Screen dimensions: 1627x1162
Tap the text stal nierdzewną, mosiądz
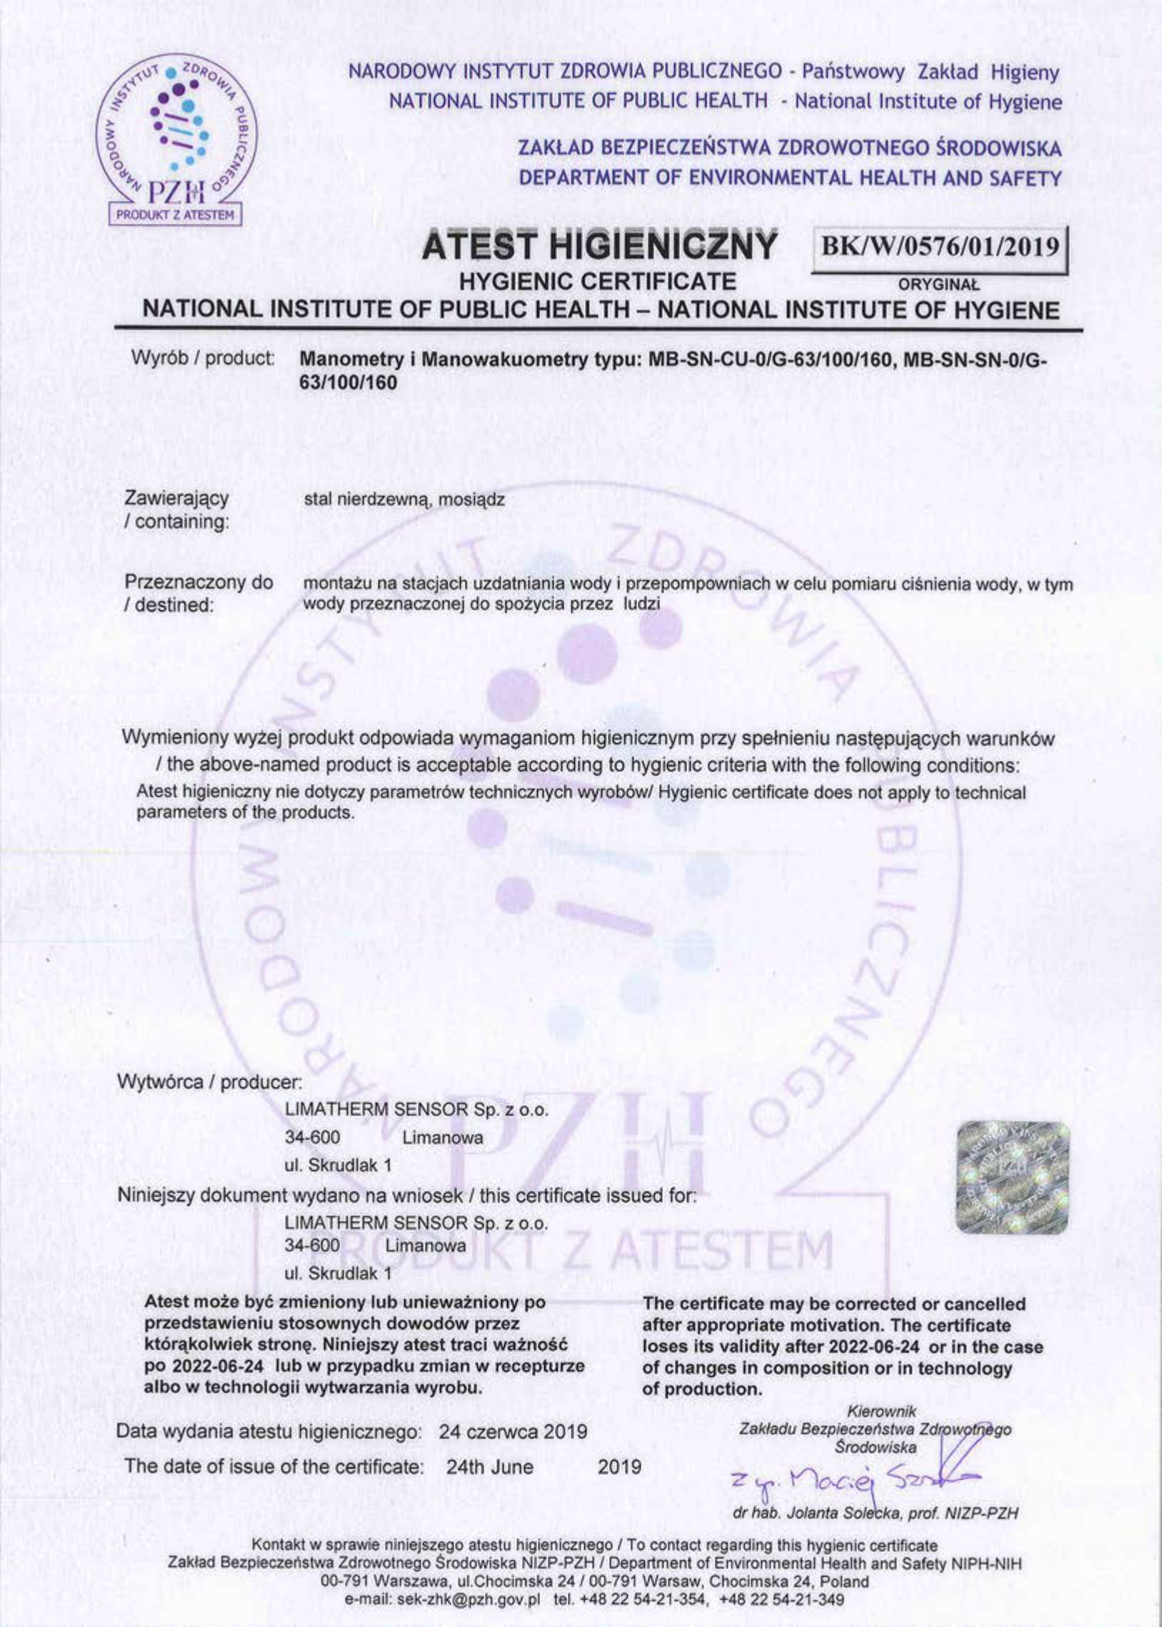(404, 500)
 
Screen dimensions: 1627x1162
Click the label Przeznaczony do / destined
(199, 593)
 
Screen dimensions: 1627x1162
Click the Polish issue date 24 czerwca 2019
(513, 1432)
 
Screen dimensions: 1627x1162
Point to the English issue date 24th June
(489, 1467)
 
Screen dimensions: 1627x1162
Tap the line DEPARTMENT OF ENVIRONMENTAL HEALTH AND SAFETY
(791, 178)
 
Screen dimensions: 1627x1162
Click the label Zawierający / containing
(176, 509)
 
